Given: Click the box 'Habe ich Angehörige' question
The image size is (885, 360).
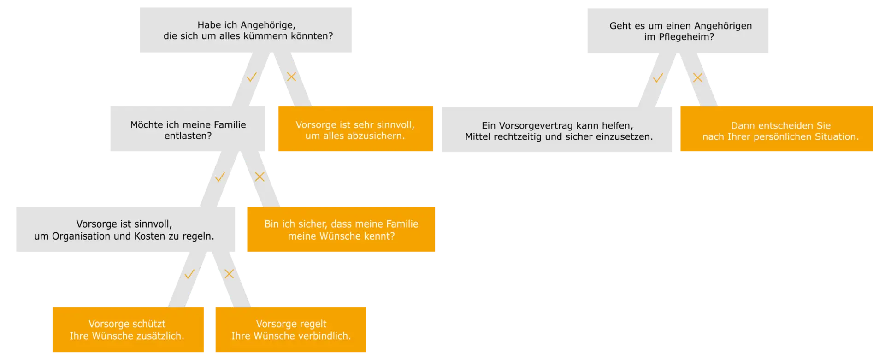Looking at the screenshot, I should tap(245, 30).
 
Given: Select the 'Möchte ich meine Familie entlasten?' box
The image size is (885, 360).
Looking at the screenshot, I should tap(188, 130).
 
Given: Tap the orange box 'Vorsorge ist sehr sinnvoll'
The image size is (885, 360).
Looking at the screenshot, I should tap(355, 130).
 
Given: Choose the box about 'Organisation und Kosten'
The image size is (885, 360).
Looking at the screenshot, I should tap(124, 230).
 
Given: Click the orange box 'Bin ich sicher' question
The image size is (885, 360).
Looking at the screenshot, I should tap(341, 230).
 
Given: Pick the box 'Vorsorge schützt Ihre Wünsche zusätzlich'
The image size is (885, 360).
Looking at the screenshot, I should tap(127, 330).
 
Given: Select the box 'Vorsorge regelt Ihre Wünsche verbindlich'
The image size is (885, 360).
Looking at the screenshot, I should tap(291, 330).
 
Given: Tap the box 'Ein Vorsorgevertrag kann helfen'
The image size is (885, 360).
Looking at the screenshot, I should tap(556, 130).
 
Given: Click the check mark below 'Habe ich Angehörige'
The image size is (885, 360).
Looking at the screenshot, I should tap(251, 77).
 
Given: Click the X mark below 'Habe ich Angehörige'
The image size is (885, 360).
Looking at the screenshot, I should tap(291, 77).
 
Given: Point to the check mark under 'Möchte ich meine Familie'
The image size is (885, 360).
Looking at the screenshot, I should tap(220, 177).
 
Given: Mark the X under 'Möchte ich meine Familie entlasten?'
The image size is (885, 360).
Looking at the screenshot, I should tap(260, 177).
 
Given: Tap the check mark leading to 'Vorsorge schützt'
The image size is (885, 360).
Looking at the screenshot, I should tap(189, 275).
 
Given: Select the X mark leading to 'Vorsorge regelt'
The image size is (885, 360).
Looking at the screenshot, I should tap(229, 274).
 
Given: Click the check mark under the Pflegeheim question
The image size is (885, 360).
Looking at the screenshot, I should tap(658, 78).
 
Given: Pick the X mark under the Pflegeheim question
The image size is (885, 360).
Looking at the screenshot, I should tap(698, 78).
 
